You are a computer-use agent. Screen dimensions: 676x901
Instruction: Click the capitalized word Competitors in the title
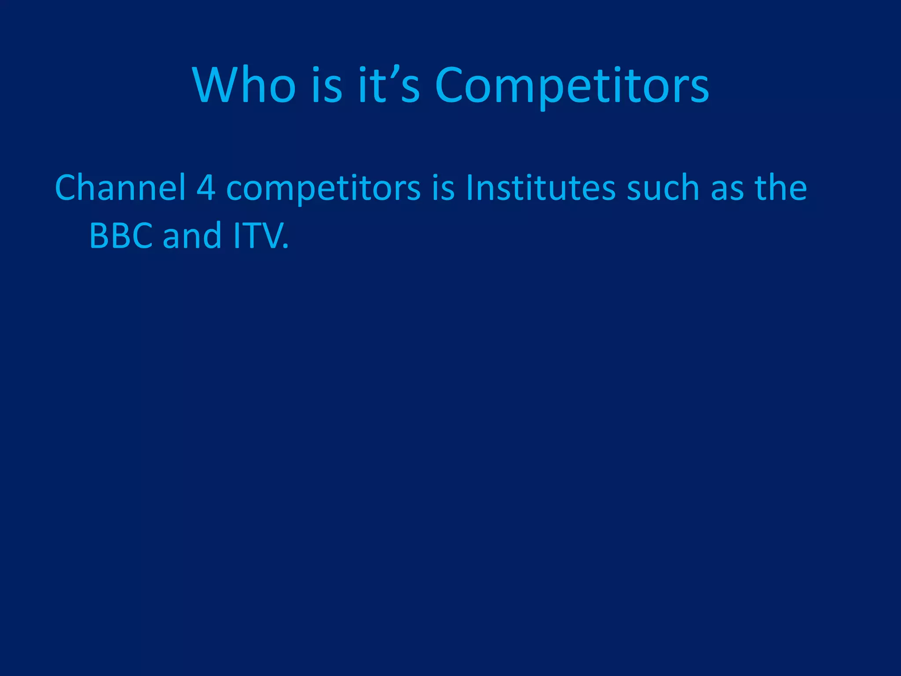pyautogui.click(x=572, y=86)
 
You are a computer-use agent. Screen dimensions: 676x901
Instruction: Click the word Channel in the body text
pyautogui.click(x=120, y=188)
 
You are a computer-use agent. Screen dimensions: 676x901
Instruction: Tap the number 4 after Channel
pyautogui.click(x=206, y=188)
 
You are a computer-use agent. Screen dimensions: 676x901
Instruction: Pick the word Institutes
pyautogui.click(x=541, y=188)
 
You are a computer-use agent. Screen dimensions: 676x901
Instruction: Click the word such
pyautogui.click(x=663, y=188)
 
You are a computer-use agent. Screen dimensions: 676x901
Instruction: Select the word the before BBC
pyautogui.click(x=781, y=188)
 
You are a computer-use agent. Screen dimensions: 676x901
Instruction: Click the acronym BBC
pyautogui.click(x=121, y=236)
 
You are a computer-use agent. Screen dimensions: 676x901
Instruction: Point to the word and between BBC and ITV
pyautogui.click(x=192, y=236)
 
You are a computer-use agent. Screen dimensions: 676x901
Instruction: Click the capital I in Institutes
pyautogui.click(x=469, y=188)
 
